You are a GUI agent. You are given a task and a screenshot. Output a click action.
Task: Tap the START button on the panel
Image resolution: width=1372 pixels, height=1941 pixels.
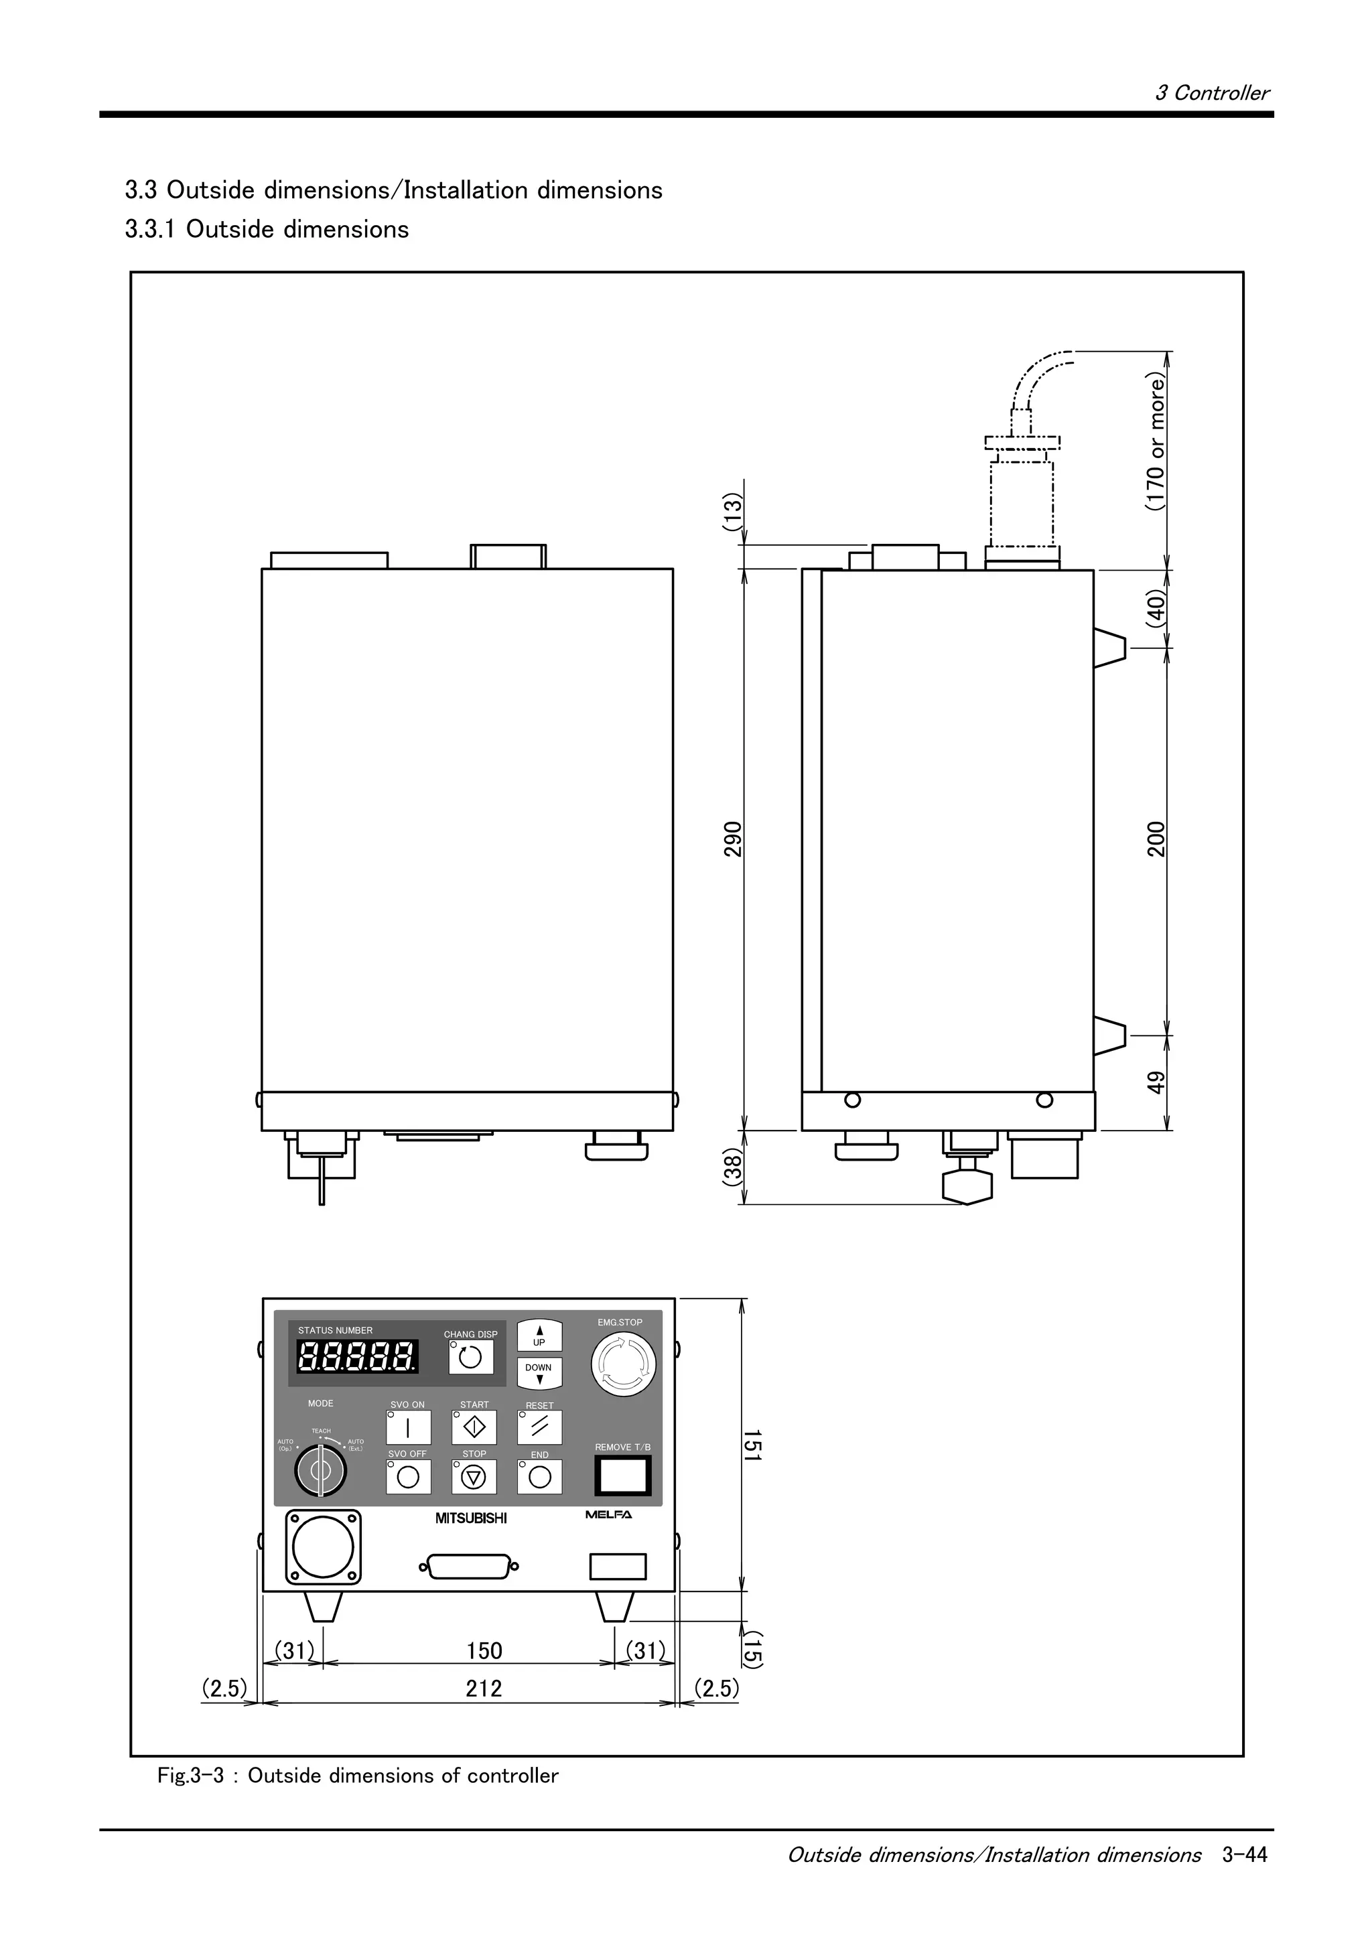[x=474, y=1428]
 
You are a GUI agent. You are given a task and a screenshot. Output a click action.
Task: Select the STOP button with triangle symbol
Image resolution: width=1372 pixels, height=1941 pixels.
[x=474, y=1477]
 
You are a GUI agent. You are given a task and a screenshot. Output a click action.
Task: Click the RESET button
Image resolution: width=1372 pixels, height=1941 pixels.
[x=539, y=1428]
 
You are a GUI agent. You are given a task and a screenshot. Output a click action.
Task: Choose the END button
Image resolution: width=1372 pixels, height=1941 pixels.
[x=539, y=1477]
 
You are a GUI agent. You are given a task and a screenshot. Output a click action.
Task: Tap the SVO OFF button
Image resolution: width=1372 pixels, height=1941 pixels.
[x=408, y=1477]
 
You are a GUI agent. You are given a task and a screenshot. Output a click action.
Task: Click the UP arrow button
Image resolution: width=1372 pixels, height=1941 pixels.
[x=539, y=1337]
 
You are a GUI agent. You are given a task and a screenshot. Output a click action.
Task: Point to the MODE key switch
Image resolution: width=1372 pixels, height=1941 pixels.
[x=320, y=1471]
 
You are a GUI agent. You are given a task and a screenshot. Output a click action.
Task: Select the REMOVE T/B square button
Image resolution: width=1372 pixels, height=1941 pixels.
[x=623, y=1476]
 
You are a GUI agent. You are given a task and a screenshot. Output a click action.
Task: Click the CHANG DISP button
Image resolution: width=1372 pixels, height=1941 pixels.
[x=471, y=1357]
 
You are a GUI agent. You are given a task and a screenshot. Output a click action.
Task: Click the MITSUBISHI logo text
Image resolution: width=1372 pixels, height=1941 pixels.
[x=471, y=1518]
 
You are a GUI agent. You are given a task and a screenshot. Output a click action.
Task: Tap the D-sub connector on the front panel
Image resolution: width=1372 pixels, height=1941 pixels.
[x=469, y=1567]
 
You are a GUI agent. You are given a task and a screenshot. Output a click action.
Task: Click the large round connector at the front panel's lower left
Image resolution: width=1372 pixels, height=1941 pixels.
[x=323, y=1547]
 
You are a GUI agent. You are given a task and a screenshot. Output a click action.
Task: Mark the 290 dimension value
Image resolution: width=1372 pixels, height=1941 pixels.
[x=733, y=839]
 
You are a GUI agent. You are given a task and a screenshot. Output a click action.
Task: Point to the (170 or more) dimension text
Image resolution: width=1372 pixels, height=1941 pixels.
[x=1156, y=443]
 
